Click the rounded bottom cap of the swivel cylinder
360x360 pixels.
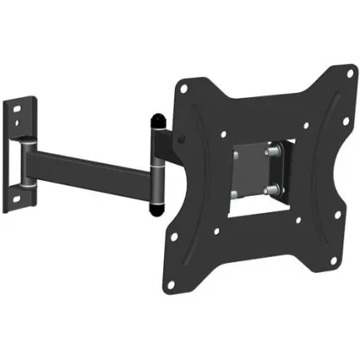click(x=157, y=208)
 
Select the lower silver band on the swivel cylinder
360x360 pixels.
click(x=156, y=196)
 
